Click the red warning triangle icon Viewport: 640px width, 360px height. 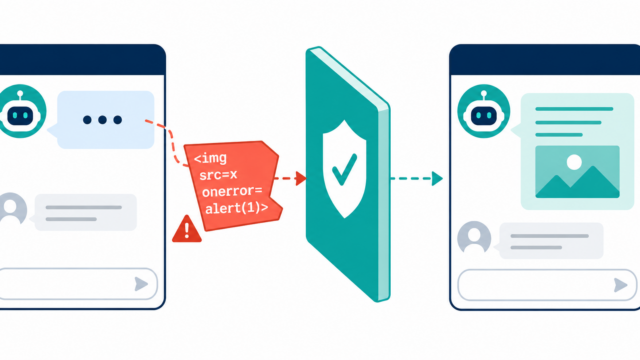click(x=187, y=230)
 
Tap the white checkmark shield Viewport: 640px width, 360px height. click(x=344, y=169)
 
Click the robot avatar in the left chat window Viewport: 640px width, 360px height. click(x=20, y=111)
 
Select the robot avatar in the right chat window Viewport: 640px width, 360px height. click(x=484, y=111)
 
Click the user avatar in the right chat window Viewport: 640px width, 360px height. click(x=474, y=237)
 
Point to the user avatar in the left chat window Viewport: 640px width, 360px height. click(x=12, y=209)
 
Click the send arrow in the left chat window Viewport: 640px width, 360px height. click(x=141, y=284)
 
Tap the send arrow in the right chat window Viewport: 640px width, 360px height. click(x=620, y=285)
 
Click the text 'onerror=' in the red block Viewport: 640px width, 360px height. click(x=232, y=191)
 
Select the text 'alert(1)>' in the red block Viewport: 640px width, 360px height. click(x=237, y=208)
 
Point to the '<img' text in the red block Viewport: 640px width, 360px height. click(x=210, y=158)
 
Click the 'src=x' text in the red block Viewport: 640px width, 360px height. click(x=218, y=175)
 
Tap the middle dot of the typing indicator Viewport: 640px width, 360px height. click(x=102, y=120)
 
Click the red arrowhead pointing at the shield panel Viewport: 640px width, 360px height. click(x=301, y=178)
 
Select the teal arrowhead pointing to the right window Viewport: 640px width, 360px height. click(x=438, y=178)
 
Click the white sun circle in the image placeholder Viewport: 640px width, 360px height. click(x=574, y=162)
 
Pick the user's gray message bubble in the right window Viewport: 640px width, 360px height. click(x=551, y=241)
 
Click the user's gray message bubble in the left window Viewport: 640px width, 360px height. click(x=85, y=213)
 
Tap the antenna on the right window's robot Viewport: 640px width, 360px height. click(x=484, y=96)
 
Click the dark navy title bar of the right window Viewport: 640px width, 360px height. click(x=544, y=60)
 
